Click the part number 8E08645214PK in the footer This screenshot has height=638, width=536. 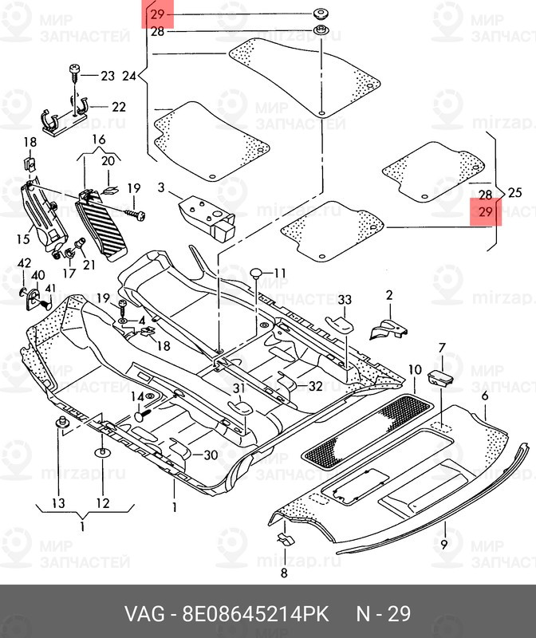tap(255, 613)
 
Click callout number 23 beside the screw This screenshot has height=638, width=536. tap(108, 76)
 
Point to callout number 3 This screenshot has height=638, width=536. tap(161, 187)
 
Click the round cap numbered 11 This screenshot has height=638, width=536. tap(256, 273)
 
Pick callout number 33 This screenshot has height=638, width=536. tap(345, 300)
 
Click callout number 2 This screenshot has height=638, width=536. tap(389, 295)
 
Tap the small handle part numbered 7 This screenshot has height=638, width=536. tap(440, 376)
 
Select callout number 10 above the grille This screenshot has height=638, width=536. tap(415, 370)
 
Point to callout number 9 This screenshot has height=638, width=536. tap(444, 544)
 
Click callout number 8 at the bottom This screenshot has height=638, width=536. tap(284, 573)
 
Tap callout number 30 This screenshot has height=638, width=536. tap(211, 455)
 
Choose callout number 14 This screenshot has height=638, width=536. tap(137, 396)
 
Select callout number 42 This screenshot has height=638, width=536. tap(24, 263)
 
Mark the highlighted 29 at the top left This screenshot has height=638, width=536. tap(157, 14)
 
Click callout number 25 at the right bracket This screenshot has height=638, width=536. tap(514, 192)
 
